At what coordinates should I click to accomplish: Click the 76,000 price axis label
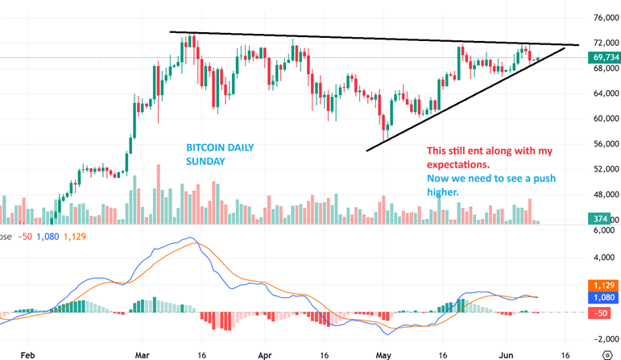[605, 17]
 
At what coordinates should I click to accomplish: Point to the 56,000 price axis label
[605, 143]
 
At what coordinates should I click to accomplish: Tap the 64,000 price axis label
[605, 93]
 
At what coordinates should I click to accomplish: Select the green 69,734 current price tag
[605, 58]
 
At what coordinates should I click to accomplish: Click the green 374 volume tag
[601, 220]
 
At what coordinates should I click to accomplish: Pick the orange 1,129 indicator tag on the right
[605, 285]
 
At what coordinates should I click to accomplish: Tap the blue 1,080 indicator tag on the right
[605, 298]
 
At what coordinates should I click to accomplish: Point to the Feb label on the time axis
[28, 354]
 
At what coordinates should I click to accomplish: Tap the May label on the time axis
[383, 354]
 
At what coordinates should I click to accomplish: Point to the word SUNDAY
[205, 162]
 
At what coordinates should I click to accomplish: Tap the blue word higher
[443, 192]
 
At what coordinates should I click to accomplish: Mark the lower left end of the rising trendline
[367, 150]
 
